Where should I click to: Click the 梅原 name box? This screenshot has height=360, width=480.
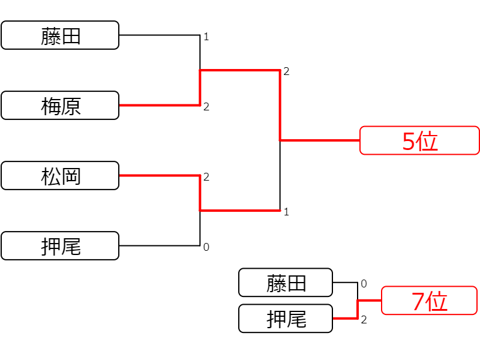[x=60, y=106]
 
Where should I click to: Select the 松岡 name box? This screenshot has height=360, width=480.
[x=60, y=175]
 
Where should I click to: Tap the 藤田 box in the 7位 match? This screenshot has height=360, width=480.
[x=286, y=282]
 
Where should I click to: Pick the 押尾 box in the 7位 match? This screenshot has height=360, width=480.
[x=286, y=319]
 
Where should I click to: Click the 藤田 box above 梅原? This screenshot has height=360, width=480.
[x=60, y=35]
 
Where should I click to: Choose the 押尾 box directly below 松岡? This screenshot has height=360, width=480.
[x=60, y=245]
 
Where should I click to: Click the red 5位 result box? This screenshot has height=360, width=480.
[x=419, y=140]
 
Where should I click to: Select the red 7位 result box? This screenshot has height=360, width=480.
[x=429, y=301]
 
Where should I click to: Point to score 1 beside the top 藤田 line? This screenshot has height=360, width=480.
[x=206, y=37]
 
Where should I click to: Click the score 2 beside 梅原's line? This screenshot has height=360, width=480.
[x=206, y=107]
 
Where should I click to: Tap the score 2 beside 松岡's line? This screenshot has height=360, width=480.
[x=206, y=176]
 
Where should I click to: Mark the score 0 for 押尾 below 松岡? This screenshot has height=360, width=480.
[x=206, y=247]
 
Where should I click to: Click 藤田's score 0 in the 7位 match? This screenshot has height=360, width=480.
[x=364, y=283]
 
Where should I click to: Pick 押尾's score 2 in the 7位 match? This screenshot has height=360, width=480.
[x=364, y=320]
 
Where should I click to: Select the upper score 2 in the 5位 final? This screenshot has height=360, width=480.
[x=286, y=71]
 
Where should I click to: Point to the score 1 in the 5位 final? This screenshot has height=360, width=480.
[x=286, y=212]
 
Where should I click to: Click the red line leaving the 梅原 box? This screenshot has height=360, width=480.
[x=160, y=106]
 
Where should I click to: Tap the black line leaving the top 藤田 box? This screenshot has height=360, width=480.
[x=160, y=35]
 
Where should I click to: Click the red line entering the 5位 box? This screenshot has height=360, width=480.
[x=320, y=140]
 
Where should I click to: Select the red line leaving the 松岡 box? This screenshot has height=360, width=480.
[x=160, y=175]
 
